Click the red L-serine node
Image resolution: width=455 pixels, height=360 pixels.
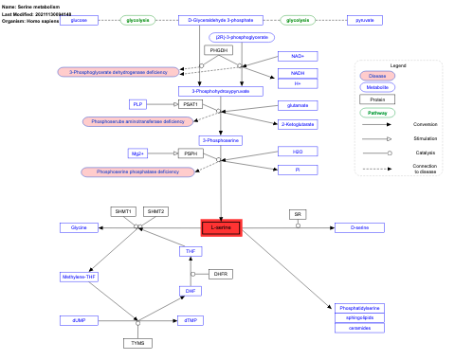221,228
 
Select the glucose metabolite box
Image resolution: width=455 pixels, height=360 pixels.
80,20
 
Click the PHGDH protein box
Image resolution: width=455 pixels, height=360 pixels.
219,50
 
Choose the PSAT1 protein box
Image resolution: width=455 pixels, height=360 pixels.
191,103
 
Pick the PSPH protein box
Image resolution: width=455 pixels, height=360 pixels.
191,153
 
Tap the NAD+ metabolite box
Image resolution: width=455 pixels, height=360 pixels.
298,56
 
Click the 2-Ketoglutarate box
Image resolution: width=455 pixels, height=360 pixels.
298,123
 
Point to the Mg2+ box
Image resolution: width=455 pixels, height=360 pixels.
138,153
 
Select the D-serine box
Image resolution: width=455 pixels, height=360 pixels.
359,228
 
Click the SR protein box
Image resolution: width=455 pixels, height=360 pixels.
299,214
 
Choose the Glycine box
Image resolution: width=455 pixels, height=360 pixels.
80,228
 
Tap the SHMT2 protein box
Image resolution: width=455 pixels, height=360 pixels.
155,211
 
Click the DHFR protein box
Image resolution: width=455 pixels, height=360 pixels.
221,274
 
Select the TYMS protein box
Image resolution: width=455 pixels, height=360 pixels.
139,341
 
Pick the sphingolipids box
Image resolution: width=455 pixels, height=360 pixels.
359,318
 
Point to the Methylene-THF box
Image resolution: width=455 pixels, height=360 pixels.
80,277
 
